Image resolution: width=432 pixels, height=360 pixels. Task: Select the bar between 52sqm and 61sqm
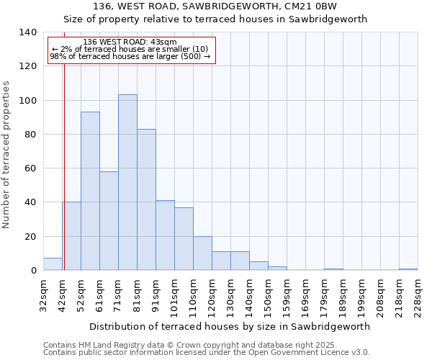point(90,191)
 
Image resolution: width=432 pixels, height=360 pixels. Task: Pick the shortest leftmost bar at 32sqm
point(53,264)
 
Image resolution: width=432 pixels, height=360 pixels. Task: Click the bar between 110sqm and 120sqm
point(202,253)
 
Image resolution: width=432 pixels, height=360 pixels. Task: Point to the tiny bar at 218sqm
point(408,269)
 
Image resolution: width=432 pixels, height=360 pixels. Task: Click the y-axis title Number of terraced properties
point(6,155)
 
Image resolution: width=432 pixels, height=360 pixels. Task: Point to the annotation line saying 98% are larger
point(130,56)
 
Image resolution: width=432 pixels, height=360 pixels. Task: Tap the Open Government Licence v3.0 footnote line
point(207,353)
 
